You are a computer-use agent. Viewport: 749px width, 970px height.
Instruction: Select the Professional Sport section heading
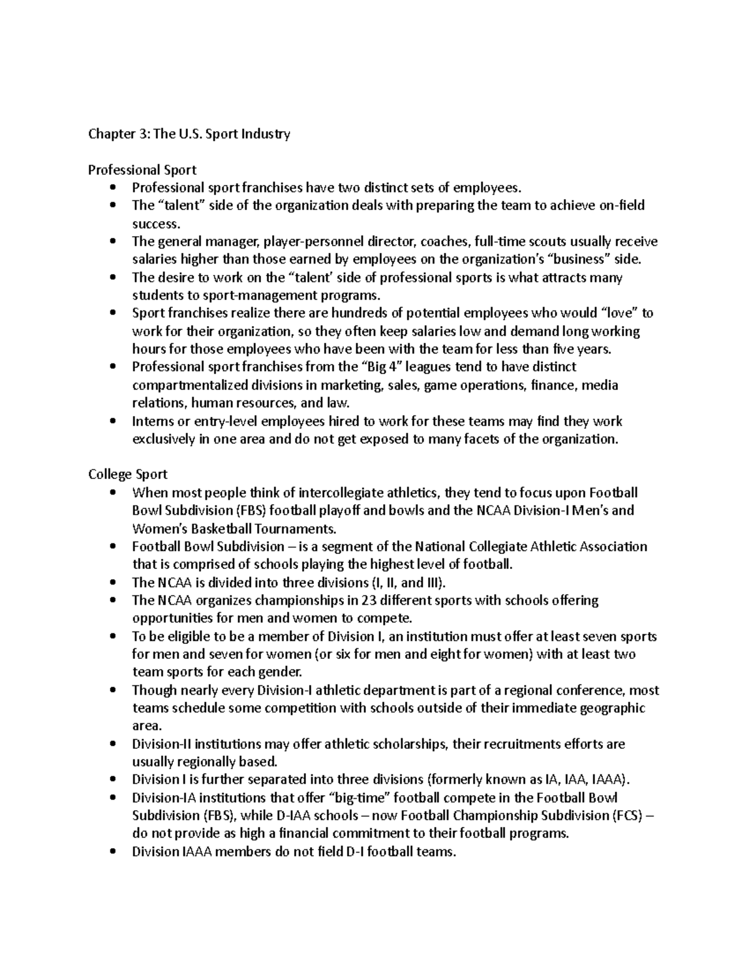pos(142,170)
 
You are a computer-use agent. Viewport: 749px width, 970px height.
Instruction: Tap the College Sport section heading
pos(127,474)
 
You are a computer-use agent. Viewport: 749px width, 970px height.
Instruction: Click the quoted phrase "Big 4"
pos(382,367)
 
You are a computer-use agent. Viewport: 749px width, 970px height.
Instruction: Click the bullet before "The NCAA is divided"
pos(112,583)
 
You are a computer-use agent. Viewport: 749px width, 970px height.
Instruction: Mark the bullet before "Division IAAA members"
pos(112,851)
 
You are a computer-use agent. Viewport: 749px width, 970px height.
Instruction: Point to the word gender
pos(280,672)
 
